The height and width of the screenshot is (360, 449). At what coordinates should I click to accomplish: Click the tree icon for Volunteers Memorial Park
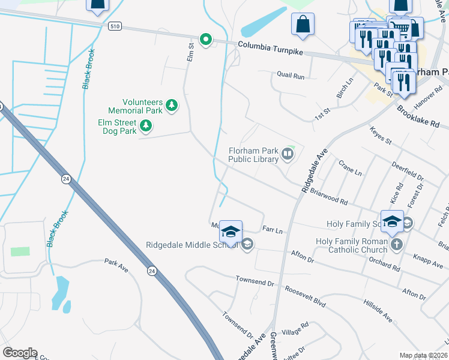172,106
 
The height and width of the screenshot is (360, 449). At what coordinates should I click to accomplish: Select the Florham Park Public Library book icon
288,155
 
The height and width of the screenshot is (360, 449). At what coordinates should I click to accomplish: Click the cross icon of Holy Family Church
396,244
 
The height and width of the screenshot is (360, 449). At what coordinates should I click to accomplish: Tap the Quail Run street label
291,76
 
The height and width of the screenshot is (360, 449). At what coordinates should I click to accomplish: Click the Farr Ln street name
273,229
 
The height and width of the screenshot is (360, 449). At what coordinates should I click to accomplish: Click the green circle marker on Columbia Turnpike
206,40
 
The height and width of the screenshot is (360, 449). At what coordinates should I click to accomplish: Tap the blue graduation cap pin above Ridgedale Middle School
231,232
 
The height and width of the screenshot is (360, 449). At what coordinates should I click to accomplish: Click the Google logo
20,353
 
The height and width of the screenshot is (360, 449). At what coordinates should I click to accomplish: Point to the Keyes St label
381,136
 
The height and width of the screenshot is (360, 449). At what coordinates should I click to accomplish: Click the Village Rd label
295,328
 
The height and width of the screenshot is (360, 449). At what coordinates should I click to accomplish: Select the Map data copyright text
423,355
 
